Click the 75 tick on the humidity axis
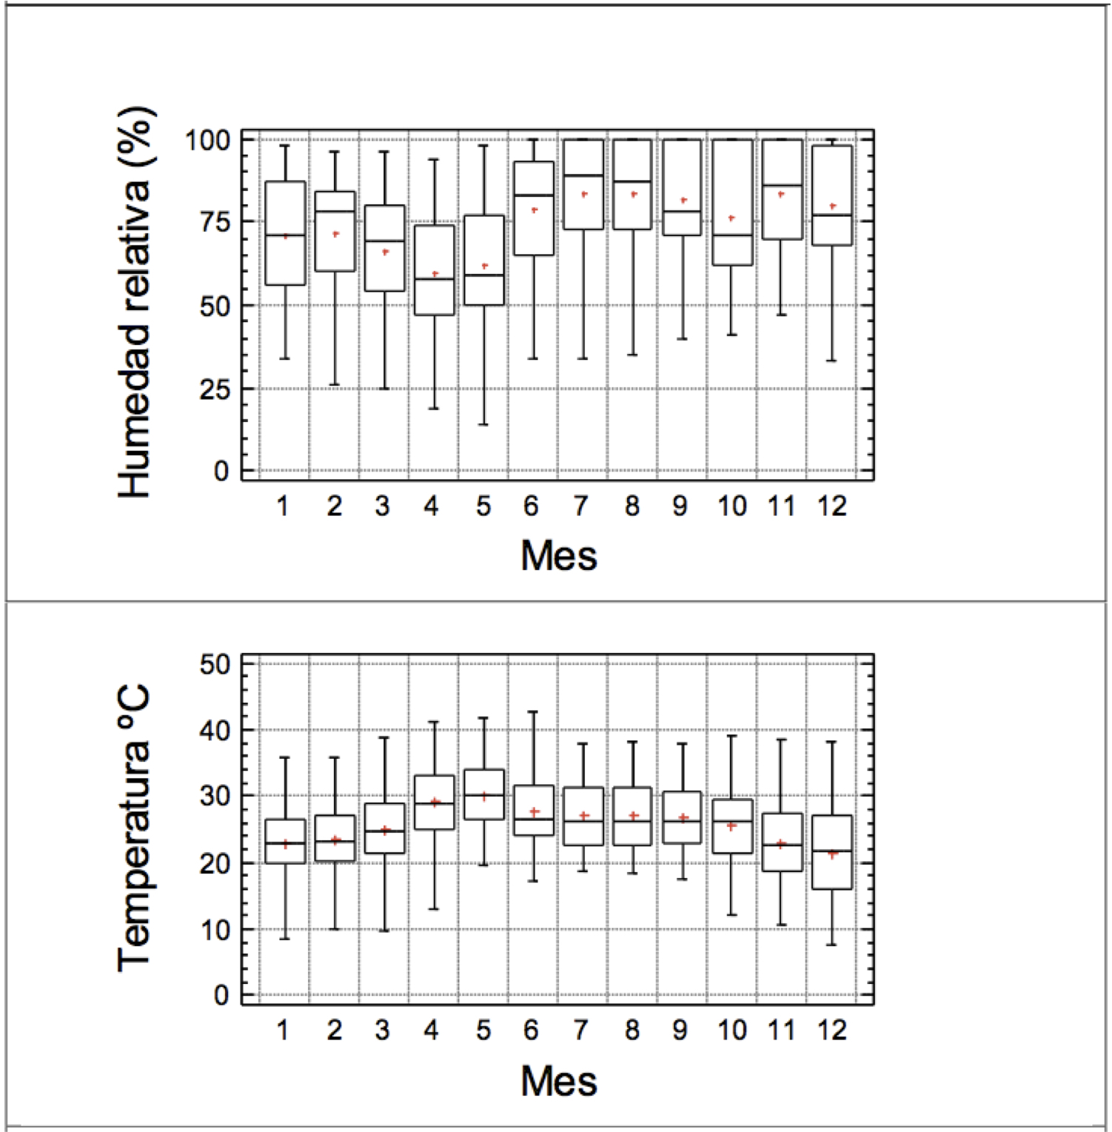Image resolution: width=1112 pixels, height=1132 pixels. (x=215, y=221)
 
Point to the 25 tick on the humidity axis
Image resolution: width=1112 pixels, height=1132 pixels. (x=215, y=389)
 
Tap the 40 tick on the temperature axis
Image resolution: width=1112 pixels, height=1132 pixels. (x=215, y=730)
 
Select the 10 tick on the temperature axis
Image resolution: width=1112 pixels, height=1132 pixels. (x=215, y=930)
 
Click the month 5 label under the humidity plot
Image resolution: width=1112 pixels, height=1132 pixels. (x=483, y=506)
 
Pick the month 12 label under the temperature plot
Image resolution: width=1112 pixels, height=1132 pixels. (x=831, y=1030)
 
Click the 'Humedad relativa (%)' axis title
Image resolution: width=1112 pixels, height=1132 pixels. (x=136, y=302)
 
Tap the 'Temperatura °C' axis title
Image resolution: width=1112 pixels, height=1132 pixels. (x=135, y=828)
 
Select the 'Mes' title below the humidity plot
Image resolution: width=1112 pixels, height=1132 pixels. (x=558, y=556)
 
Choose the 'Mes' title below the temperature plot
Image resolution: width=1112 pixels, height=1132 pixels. (x=558, y=1081)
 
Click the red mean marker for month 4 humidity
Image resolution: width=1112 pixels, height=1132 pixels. (x=435, y=274)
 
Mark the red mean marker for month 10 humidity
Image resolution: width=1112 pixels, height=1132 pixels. (x=731, y=218)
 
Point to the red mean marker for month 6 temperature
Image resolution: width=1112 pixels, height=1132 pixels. (x=535, y=811)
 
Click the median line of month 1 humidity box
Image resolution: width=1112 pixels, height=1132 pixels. (x=285, y=235)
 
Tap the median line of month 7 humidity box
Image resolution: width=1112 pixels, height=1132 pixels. (x=583, y=175)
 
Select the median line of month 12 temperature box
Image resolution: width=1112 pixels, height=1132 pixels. (x=831, y=851)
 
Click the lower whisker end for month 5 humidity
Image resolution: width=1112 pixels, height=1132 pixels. (x=483, y=424)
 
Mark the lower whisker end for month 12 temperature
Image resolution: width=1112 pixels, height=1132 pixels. (x=831, y=945)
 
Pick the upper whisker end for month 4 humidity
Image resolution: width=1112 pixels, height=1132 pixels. (x=435, y=158)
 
